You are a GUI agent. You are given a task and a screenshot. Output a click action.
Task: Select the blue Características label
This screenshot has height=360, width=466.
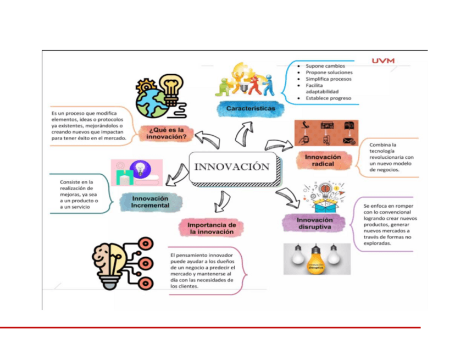point(251,109)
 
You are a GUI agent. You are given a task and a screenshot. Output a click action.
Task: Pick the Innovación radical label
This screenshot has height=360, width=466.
point(323,160)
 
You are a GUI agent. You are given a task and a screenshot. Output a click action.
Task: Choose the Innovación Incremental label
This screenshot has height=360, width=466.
point(151,202)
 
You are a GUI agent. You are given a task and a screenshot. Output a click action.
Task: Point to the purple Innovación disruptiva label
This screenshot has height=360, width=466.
point(315,223)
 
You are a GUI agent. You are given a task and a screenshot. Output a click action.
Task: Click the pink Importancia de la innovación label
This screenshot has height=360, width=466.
point(212,228)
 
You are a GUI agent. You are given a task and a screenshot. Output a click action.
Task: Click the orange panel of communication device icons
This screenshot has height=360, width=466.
point(326,133)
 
